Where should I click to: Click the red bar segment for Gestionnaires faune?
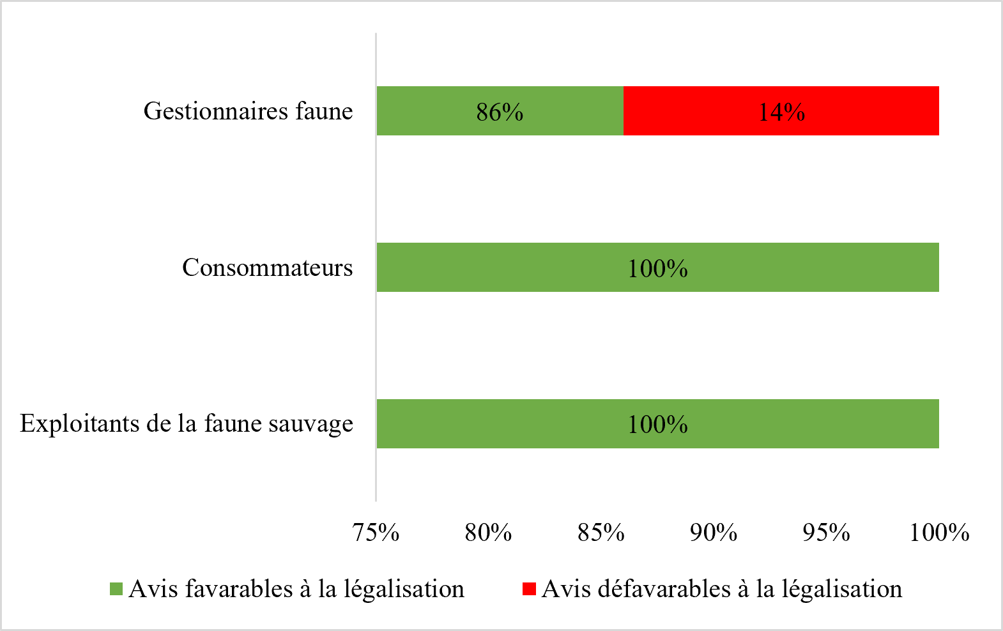[x=781, y=110]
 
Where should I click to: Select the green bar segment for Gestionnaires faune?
[x=500, y=110]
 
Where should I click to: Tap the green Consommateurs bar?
[x=658, y=267]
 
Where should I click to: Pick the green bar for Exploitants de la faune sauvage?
[x=658, y=424]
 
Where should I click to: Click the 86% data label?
[x=500, y=112]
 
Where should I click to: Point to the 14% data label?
[x=781, y=112]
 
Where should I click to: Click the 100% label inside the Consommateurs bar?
[x=658, y=268]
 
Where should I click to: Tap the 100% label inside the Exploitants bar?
[x=658, y=425]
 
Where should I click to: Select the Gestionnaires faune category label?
[x=248, y=111]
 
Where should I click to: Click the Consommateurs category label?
[x=267, y=268]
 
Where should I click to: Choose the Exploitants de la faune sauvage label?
[x=187, y=424]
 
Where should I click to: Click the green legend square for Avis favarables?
[x=116, y=589]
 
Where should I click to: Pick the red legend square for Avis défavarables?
[x=529, y=589]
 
